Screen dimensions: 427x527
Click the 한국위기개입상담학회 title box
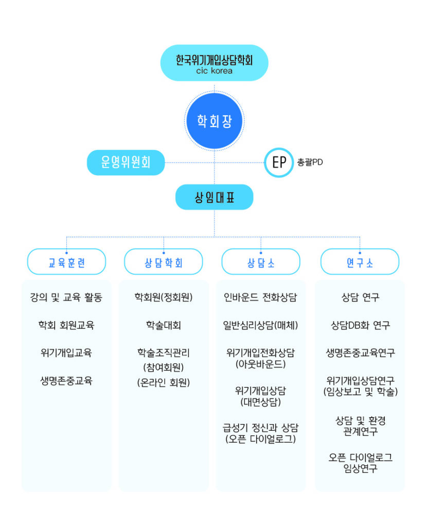click(215, 63)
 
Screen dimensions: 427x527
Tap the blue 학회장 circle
click(215, 121)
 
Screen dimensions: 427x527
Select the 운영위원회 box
click(126, 162)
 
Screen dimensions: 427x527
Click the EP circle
click(279, 162)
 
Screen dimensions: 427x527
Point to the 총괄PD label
click(310, 162)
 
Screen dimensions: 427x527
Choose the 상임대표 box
click(215, 197)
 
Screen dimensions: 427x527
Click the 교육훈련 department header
click(66, 262)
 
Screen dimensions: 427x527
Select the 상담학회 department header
click(164, 262)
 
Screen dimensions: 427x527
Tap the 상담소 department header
click(261, 262)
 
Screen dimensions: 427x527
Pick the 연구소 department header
click(360, 262)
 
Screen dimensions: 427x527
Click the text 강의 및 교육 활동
click(66, 297)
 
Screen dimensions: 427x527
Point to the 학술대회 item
click(164, 325)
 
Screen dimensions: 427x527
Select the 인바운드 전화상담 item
click(261, 297)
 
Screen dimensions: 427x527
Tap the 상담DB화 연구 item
click(361, 325)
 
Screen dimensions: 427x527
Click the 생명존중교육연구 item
click(361, 353)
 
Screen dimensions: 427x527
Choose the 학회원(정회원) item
click(164, 297)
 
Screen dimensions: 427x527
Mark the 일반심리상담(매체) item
click(261, 325)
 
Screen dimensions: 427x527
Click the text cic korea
click(215, 71)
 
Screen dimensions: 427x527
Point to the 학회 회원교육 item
click(66, 325)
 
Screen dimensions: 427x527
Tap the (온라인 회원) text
click(164, 382)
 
